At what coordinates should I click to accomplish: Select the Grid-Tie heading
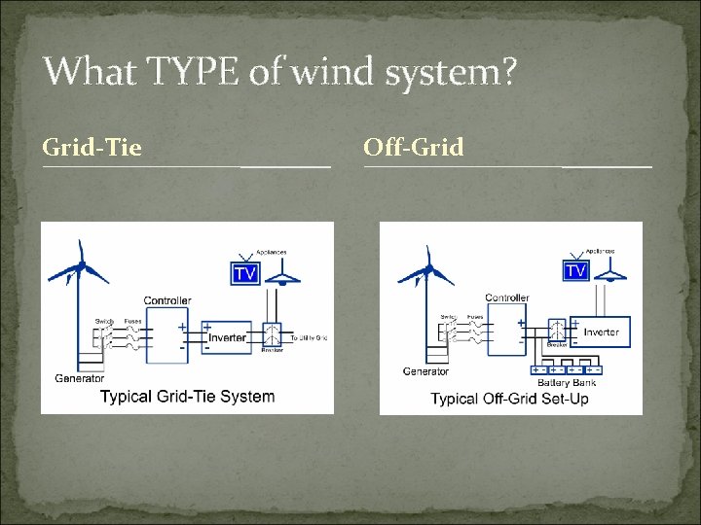pos(92,148)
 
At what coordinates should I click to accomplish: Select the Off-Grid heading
pos(413,148)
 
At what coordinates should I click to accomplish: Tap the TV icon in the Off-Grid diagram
pos(576,269)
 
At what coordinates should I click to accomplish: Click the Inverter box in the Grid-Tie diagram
pos(229,337)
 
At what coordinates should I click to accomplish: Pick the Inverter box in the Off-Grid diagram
pos(600,332)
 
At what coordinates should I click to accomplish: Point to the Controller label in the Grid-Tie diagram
pos(167,300)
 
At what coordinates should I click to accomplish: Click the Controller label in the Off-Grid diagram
pos(506,297)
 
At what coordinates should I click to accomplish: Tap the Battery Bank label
pos(566,383)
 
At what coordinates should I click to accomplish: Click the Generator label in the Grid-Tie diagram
pos(80,378)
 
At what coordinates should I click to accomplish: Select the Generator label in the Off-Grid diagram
pos(426,371)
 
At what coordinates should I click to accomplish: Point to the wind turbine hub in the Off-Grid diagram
pos(428,268)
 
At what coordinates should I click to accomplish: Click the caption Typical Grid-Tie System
pos(187,397)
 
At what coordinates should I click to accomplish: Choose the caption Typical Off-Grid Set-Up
pos(509,399)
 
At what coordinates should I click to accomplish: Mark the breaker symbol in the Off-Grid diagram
pos(557,330)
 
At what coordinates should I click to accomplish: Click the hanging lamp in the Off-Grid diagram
pos(610,273)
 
